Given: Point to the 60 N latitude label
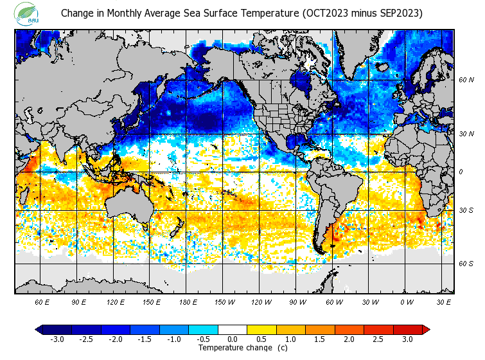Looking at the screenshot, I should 466,80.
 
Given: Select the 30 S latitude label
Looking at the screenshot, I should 466,211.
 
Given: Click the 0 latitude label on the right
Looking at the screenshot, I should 461,172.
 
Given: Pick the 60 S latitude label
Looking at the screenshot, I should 466,264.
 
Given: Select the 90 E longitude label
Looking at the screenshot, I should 79,301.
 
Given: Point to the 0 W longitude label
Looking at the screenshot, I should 407,301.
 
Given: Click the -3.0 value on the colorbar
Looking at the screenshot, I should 57,339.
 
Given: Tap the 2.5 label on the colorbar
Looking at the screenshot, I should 378,339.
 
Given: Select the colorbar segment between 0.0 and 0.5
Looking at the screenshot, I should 247,330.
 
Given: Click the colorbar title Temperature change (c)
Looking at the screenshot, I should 233,348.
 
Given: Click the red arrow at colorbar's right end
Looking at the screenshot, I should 426,330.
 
